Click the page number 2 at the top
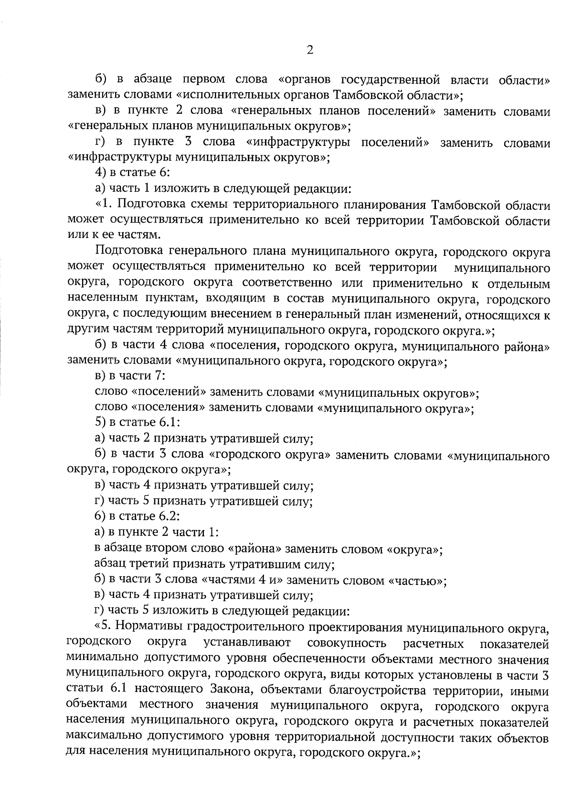(309, 50)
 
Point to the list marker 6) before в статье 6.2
(101, 517)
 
